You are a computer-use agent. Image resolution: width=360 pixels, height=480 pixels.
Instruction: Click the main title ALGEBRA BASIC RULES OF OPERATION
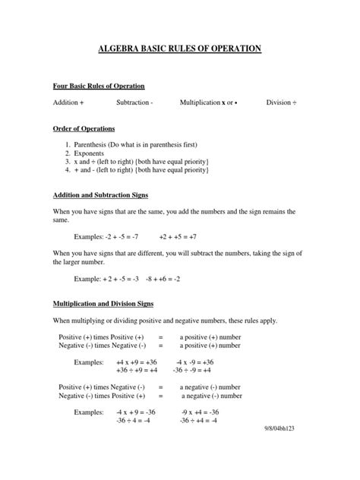click(180, 49)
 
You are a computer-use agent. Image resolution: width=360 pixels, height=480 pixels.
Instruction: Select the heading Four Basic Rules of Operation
click(99, 86)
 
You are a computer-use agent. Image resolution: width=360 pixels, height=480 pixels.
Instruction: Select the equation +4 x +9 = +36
click(136, 362)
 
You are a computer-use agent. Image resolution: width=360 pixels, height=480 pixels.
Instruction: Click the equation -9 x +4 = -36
click(197, 412)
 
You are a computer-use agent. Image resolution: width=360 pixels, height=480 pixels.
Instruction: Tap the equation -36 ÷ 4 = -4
click(134, 420)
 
